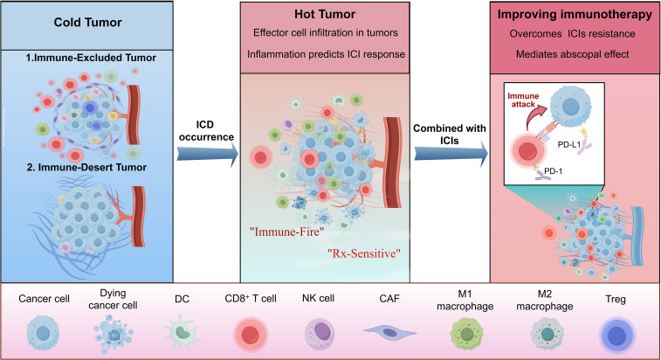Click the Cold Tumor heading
(x=87, y=22)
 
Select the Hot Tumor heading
(x=325, y=14)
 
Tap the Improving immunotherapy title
(x=575, y=14)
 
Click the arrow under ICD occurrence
(x=208, y=154)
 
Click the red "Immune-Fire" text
(x=286, y=232)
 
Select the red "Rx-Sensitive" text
(x=364, y=253)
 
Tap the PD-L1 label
(x=569, y=145)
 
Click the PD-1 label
(x=553, y=171)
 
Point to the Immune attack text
(x=523, y=100)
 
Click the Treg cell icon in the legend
(x=616, y=335)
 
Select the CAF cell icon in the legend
(x=389, y=332)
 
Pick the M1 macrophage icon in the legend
(x=466, y=334)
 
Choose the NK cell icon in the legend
(x=320, y=334)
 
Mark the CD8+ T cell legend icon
(x=251, y=335)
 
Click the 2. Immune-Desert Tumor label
(x=86, y=167)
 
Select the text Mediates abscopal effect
(x=573, y=54)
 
